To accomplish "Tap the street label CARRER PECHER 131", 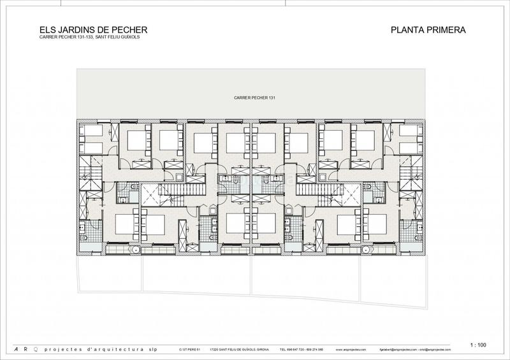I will tap(254, 97).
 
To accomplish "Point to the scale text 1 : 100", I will tap(477, 345).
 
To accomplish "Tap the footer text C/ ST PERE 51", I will tap(190, 350).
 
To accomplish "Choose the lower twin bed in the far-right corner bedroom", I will tap(411, 148).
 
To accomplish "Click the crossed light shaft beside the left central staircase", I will tap(150, 194).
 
